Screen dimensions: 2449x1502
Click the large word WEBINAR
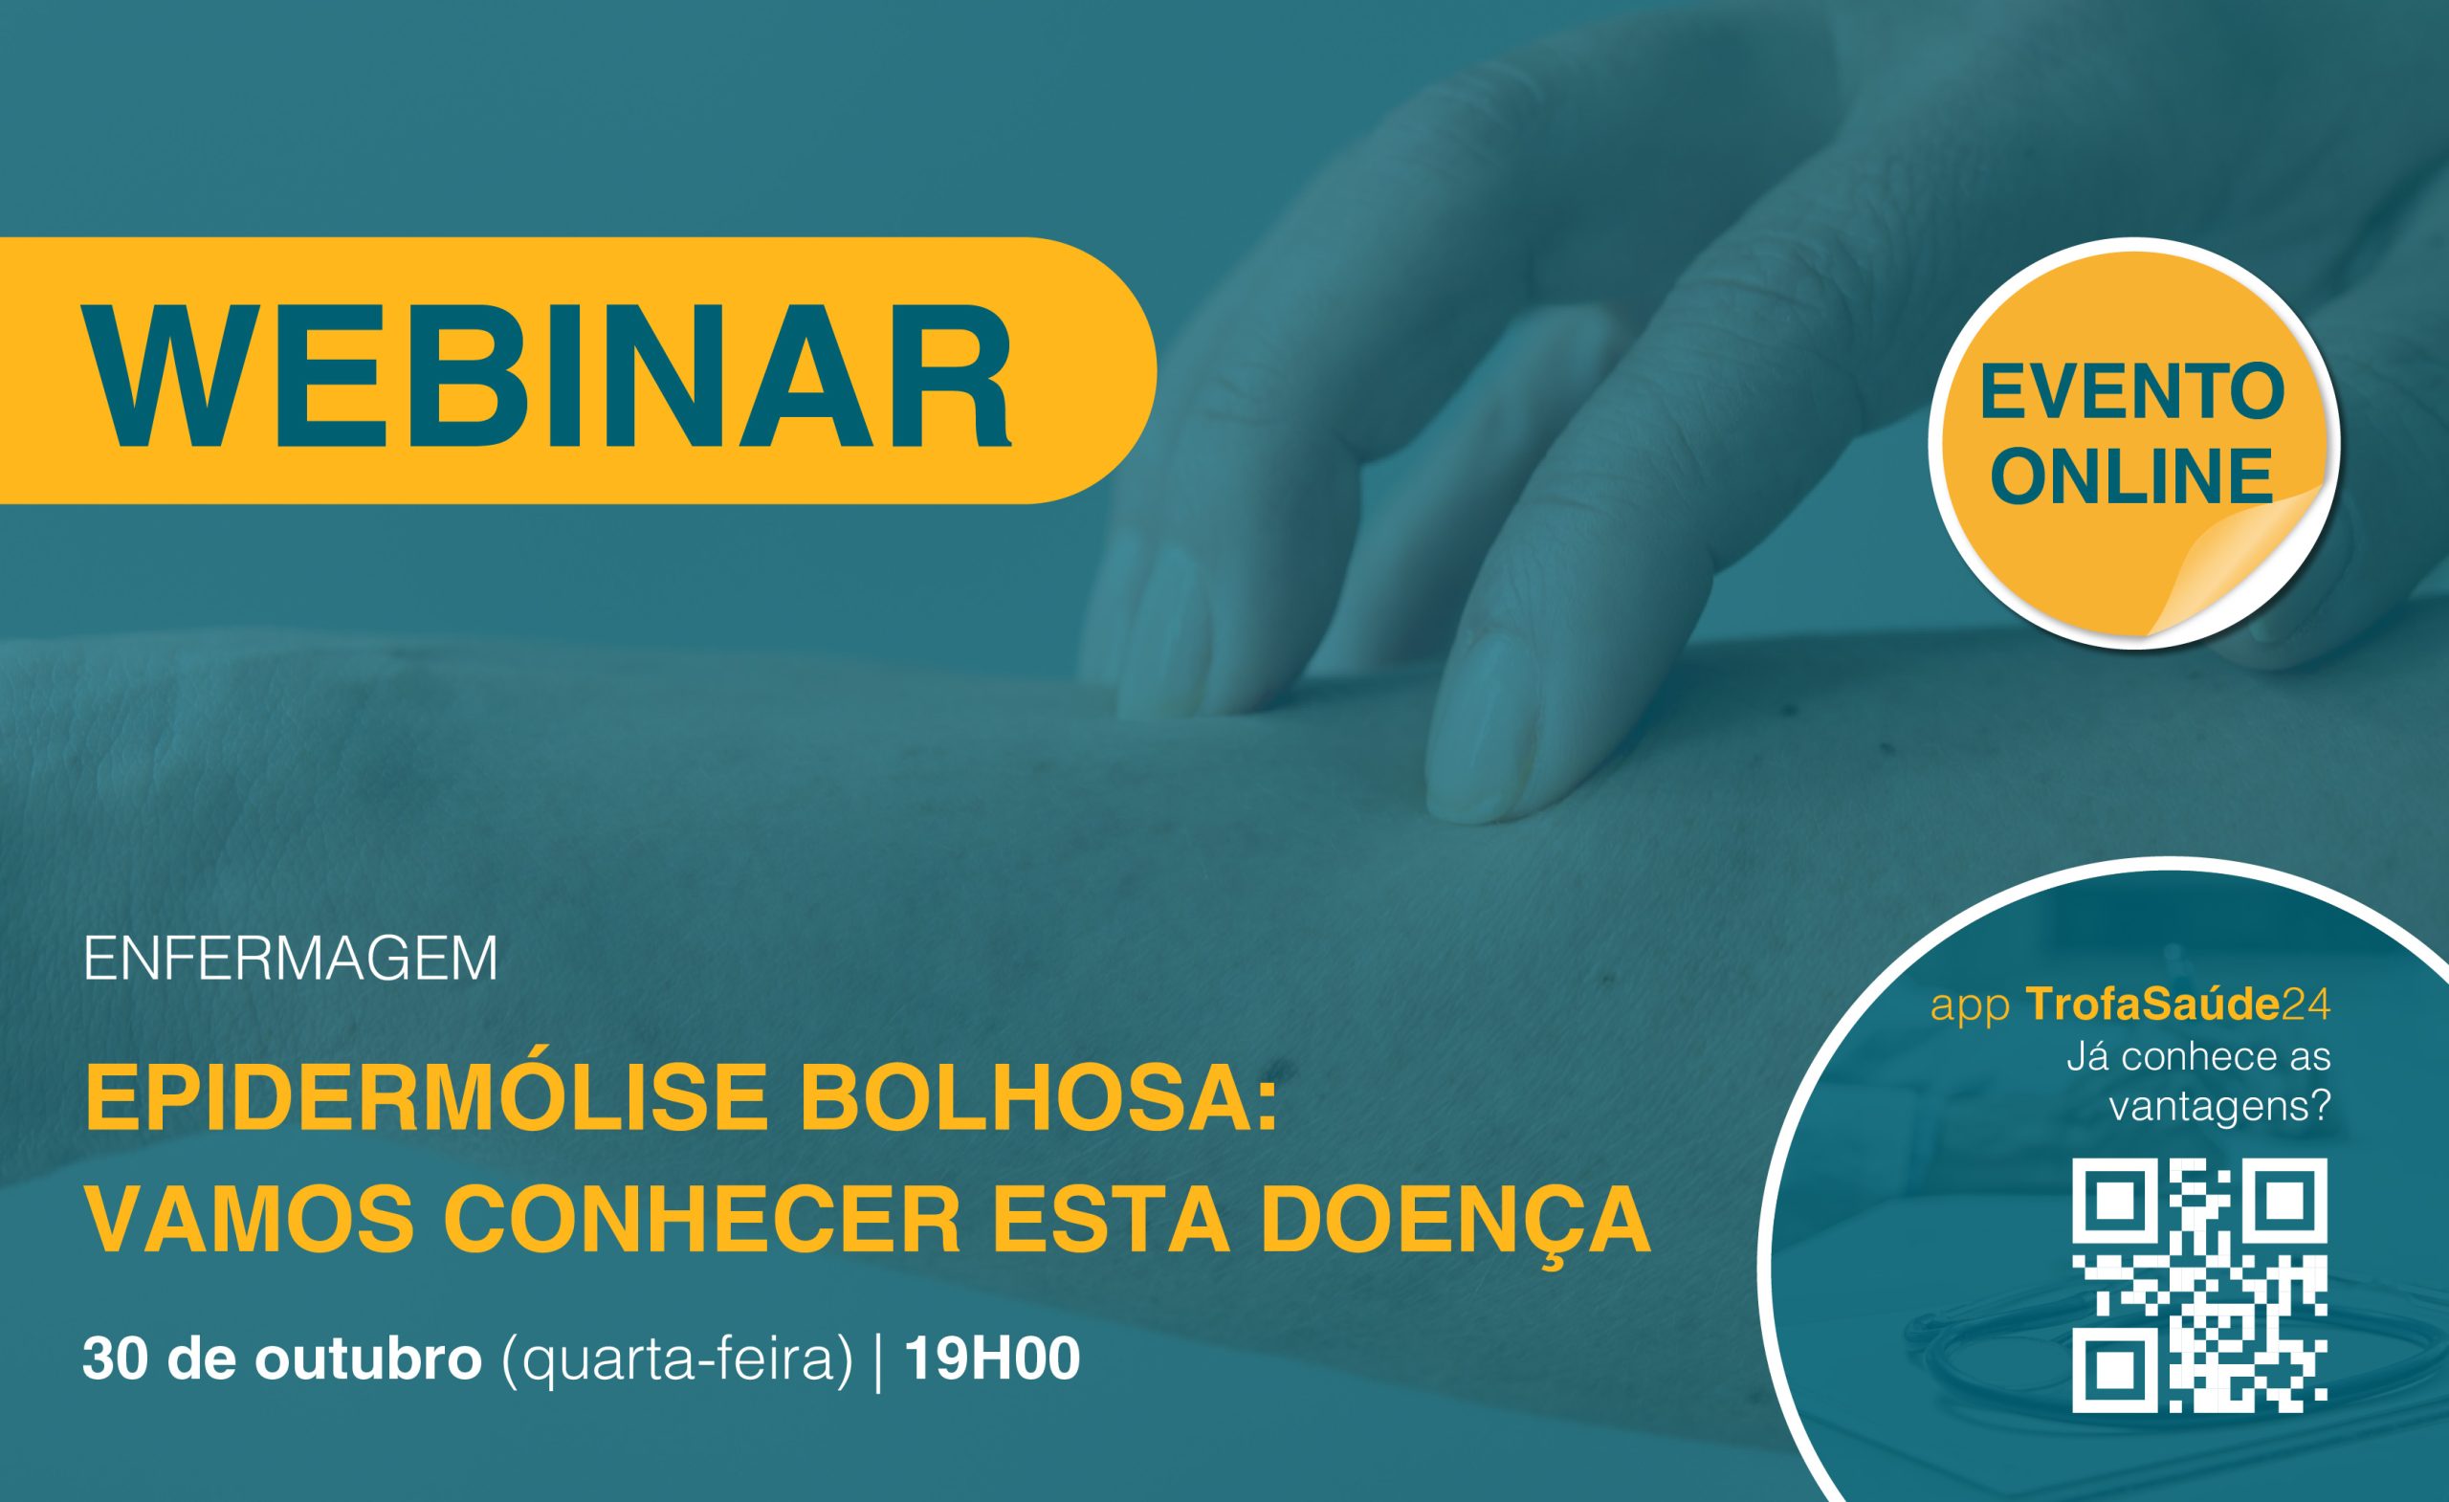pyautogui.click(x=551, y=371)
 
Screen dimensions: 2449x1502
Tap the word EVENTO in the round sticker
pyautogui.click(x=2133, y=392)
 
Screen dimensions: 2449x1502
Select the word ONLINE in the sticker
pyautogui.click(x=2133, y=476)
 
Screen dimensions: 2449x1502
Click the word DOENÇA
pyautogui.click(x=1456, y=1225)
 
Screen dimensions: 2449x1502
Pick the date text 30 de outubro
pyautogui.click(x=282, y=1358)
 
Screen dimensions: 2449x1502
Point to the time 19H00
pyautogui.click(x=992, y=1358)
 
